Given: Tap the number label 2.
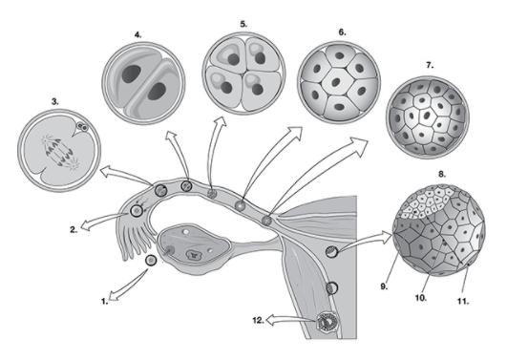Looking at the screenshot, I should click(x=73, y=230).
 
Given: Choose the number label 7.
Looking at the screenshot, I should click(x=430, y=65).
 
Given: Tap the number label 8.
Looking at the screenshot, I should click(x=441, y=176).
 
